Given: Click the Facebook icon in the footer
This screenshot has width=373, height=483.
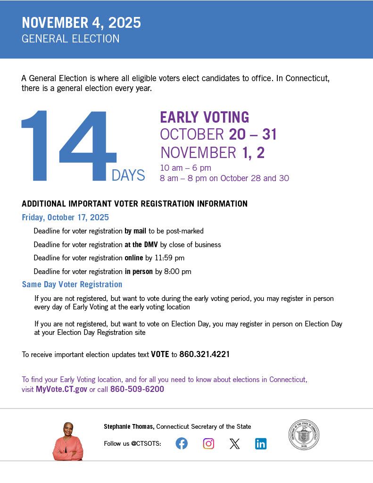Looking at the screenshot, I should coord(182,443).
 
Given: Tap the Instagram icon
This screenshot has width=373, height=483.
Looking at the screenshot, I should coord(208,443).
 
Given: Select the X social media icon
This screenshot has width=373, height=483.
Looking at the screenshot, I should coord(234,443).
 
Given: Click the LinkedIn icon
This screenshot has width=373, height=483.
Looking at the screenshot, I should coord(261,443).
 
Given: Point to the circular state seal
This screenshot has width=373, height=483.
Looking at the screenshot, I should coord(304,435).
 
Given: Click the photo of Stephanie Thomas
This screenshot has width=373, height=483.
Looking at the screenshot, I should coord(68,441).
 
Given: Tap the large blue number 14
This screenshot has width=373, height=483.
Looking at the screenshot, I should coord(68,146).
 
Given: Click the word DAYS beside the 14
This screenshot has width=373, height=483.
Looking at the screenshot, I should coord(128,175).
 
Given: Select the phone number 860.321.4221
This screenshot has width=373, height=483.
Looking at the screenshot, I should coord(204,354).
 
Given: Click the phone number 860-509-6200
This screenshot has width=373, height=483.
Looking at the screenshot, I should coord(137,389).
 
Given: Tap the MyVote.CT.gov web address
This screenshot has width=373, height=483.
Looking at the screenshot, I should coord(61,389).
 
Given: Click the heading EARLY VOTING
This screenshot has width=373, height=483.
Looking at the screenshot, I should coord(204,117).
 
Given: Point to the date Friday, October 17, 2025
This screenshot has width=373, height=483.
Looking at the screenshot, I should coord(65,217).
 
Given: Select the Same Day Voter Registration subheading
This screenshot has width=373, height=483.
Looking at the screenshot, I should coord(72,284).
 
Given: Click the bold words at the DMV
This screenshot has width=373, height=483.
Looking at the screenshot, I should coord(141,244).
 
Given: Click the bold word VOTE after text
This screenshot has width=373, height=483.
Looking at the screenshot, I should coord(160,354).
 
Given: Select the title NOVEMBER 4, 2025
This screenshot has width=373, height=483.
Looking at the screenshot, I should coord(81,23).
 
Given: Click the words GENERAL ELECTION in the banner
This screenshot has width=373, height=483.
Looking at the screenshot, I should coord(70,39).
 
